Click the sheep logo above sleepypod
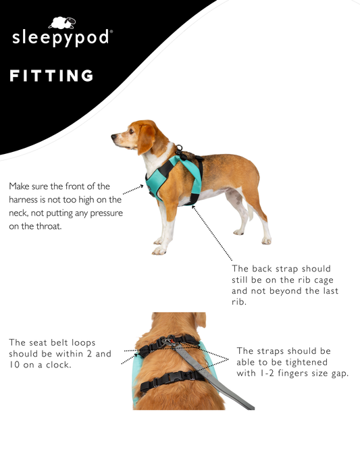tap(62, 23)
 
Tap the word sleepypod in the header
tap(61, 38)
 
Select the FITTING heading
tap(51, 76)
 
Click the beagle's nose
tap(113, 136)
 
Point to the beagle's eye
tap(130, 130)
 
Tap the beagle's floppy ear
tap(146, 139)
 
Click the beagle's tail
tap(251, 211)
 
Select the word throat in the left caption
tap(49, 226)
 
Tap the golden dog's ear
tap(201, 319)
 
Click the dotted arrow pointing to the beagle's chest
tap(133, 189)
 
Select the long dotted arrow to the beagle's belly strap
tap(211, 233)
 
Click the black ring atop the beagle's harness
tap(179, 148)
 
